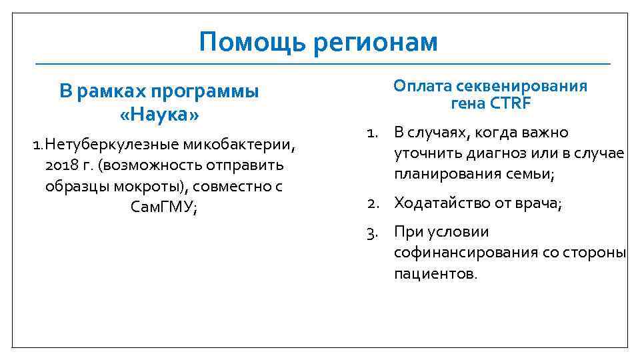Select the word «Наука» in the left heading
click(x=159, y=115)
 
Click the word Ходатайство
click(x=442, y=203)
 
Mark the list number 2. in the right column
click(x=372, y=203)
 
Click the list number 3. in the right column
click(x=372, y=232)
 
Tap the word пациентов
click(x=435, y=274)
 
